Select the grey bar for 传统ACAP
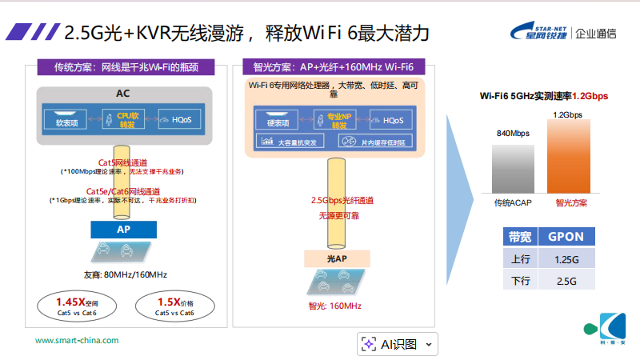512,167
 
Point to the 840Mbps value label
513,133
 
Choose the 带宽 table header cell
519,237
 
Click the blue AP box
124,229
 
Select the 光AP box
337,258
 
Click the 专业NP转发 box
339,121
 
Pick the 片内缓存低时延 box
372,142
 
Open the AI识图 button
398,344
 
